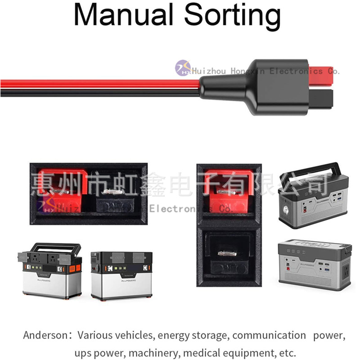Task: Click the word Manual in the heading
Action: [123, 15]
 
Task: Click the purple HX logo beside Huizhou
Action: [183, 68]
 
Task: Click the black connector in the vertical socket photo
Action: [228, 254]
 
